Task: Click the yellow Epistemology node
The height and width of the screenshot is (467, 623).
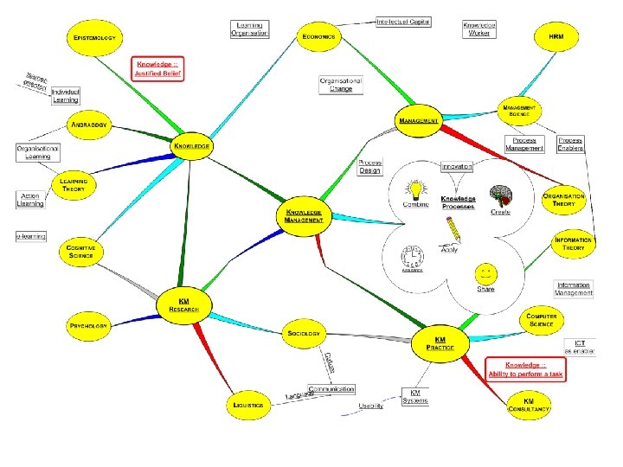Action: pyautogui.click(x=94, y=37)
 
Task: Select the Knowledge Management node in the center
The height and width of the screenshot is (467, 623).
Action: pyautogui.click(x=304, y=215)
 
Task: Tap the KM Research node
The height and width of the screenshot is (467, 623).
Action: pyautogui.click(x=183, y=304)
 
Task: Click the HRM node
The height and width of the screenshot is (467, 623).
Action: pyautogui.click(x=556, y=37)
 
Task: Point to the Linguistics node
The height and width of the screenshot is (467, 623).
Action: pyautogui.click(x=247, y=404)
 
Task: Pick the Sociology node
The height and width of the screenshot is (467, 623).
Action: pyautogui.click(x=304, y=333)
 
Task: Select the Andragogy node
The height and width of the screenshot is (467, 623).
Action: pyautogui.click(x=90, y=125)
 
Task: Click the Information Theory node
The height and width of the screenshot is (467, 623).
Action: pyautogui.click(x=573, y=244)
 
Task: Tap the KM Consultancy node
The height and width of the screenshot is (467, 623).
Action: pyautogui.click(x=529, y=404)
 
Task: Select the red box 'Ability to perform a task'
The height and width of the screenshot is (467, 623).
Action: pyautogui.click(x=525, y=369)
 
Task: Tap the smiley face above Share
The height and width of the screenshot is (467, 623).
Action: pyautogui.click(x=485, y=273)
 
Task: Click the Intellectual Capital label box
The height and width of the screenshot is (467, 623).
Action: pyautogui.click(x=403, y=22)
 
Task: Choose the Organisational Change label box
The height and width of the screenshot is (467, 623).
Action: pyautogui.click(x=341, y=84)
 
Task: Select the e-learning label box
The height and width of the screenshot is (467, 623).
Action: pyautogui.click(x=31, y=236)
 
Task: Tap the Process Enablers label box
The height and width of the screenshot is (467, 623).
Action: pyautogui.click(x=570, y=144)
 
